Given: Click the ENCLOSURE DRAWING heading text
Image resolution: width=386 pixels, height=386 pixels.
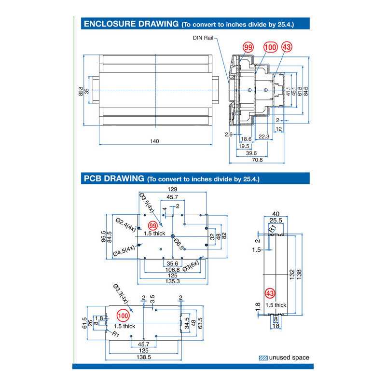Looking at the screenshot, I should click(131, 23).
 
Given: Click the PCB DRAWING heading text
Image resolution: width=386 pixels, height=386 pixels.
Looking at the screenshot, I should click(113, 178).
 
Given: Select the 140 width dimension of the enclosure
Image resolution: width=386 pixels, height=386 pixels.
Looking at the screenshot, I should click(154, 141).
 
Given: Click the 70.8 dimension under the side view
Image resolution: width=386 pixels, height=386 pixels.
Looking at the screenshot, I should click(257, 160).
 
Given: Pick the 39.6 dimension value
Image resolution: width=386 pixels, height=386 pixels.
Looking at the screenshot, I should click(251, 152).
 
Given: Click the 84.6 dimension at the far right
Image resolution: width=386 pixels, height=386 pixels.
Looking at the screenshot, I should click(306, 91).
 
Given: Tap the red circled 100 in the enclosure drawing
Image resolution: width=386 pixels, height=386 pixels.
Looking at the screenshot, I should click(271, 47).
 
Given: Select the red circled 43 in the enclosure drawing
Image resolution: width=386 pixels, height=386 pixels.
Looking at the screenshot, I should click(287, 47).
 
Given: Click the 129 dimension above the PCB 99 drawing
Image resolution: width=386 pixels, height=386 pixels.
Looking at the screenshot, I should click(172, 190).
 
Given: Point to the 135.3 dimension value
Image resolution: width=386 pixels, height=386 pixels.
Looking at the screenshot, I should click(172, 281).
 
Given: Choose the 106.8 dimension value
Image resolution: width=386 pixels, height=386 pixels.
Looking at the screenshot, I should click(172, 269).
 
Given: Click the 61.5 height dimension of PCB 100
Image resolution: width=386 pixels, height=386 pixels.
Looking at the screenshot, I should click(84, 322).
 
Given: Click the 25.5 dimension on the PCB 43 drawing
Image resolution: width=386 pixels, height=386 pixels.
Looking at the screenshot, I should click(276, 220).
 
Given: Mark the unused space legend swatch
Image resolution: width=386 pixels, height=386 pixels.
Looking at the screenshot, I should click(263, 358).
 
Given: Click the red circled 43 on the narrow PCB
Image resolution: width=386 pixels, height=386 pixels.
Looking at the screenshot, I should click(270, 294).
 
